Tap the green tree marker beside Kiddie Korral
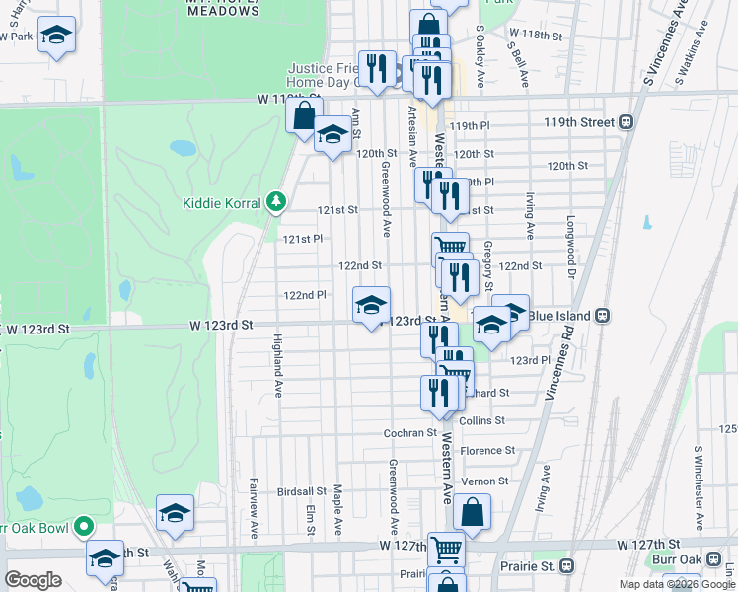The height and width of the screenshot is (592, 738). point(277,203)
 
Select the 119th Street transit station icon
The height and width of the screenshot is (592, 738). point(625,123)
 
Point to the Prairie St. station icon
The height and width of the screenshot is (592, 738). point(566,566)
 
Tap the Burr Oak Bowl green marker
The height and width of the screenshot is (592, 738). point(84,528)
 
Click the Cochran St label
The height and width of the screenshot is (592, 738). point(409,433)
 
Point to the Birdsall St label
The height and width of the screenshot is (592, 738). point(301,491)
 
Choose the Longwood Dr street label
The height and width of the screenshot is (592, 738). point(570,242)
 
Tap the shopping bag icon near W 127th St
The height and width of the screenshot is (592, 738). point(473,513)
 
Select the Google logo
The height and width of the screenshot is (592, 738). point(34,580)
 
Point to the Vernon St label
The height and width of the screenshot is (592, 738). point(487,481)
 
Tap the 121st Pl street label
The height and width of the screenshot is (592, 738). point(303,239)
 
